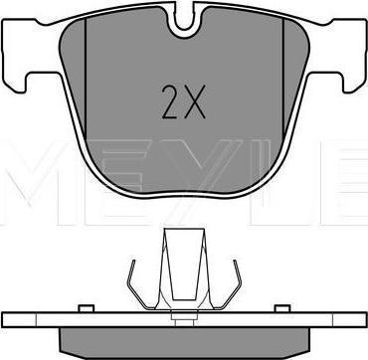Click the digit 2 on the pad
pyautogui.click(x=171, y=101)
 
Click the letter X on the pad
pyautogui.click(x=195, y=101)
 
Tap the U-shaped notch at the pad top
pyautogui.click(x=183, y=20)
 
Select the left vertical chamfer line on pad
pyautogui.click(x=86, y=79)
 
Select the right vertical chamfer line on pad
pyautogui.click(x=283, y=79)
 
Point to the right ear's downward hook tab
pyautogui.click(x=352, y=83)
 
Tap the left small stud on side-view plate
pyautogui.click(x=87, y=308)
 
